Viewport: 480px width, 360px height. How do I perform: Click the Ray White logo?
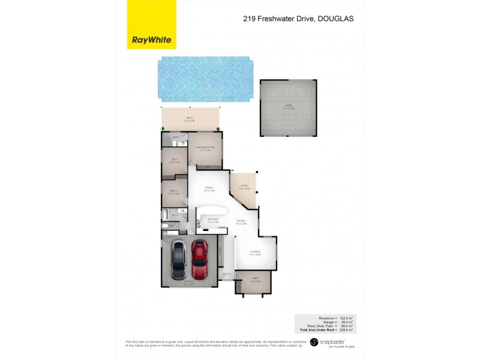152,41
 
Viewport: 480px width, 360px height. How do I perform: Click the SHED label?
289,107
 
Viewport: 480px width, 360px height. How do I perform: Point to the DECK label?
190,118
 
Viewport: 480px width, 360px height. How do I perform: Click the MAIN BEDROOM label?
205,148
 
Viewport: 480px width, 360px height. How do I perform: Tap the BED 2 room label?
175,160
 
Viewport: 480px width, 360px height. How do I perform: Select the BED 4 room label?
255,279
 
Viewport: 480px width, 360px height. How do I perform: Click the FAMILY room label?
209,188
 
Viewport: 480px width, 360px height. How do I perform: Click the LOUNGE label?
256,252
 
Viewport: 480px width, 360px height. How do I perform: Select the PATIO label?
244,185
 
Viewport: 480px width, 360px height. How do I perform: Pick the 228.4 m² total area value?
347,330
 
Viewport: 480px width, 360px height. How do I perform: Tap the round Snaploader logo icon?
313,342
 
